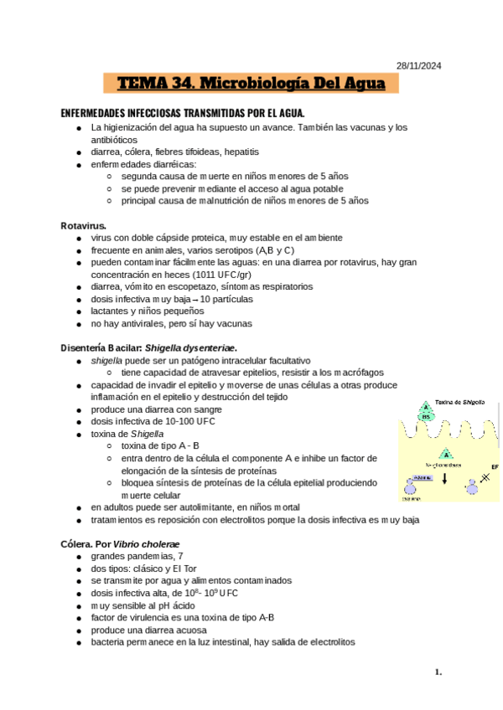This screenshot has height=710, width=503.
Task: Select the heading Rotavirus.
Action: (83, 226)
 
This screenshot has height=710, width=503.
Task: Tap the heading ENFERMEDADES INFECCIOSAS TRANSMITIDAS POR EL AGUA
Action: (183, 113)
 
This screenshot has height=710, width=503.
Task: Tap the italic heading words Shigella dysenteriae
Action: (191, 347)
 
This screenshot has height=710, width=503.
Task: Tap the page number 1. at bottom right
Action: (438, 671)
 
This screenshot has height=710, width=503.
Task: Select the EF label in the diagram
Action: (495, 466)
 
